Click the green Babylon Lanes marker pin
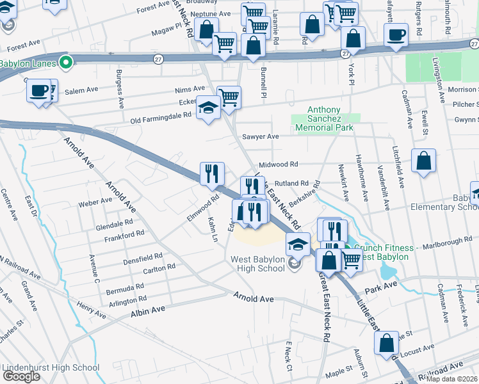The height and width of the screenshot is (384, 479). pos(64,63)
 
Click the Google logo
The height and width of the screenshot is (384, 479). pos(21,376)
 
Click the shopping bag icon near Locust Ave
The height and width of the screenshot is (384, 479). pos(387,344)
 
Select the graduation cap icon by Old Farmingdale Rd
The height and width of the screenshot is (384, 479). pos(209,108)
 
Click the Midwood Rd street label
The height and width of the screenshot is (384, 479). pos(279,164)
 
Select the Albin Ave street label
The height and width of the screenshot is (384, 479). pos(148,309)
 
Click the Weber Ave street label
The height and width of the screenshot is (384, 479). pos(95,202)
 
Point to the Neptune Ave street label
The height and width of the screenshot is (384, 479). pos(211,13)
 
